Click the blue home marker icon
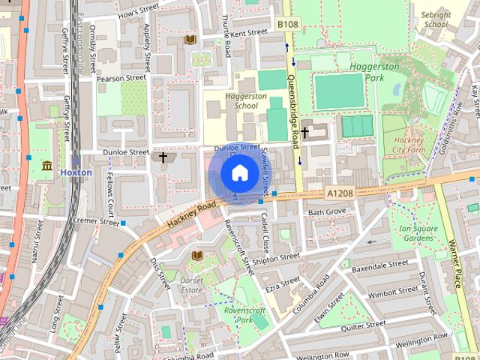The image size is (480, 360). click(x=238, y=173)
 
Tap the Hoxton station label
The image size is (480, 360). click(x=76, y=172)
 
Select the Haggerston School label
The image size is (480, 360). click(x=235, y=100)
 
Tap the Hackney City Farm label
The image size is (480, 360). click(x=408, y=145)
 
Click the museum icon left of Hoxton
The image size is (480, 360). click(x=47, y=165)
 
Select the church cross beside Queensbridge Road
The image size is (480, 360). click(x=304, y=132)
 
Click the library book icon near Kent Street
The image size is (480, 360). click(x=190, y=39)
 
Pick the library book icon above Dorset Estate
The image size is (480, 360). click(x=197, y=256)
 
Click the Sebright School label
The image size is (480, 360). click(x=435, y=19)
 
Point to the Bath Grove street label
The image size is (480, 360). click(x=327, y=212)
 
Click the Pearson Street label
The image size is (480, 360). click(x=121, y=77)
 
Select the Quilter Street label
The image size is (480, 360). click(x=361, y=325)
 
